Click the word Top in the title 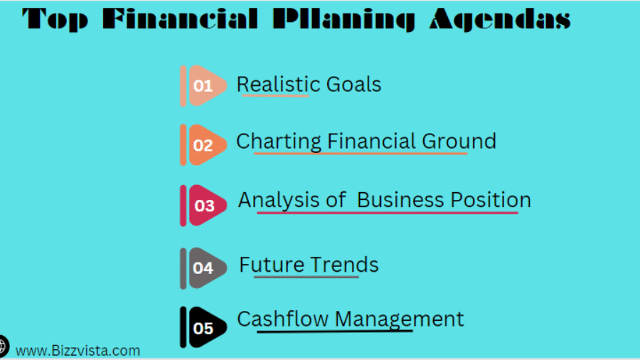(55, 19)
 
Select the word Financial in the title (180, 18)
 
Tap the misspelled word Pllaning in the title (344, 19)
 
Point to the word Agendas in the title (500, 19)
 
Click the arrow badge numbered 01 (203, 85)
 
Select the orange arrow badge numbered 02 (203, 145)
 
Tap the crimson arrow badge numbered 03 (203, 206)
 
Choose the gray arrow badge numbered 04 (203, 268)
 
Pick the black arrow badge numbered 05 (203, 328)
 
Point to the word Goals (353, 84)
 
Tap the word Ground (459, 141)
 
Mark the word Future (272, 265)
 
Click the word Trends (344, 265)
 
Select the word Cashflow (282, 319)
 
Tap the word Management (399, 319)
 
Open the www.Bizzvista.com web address (78, 351)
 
